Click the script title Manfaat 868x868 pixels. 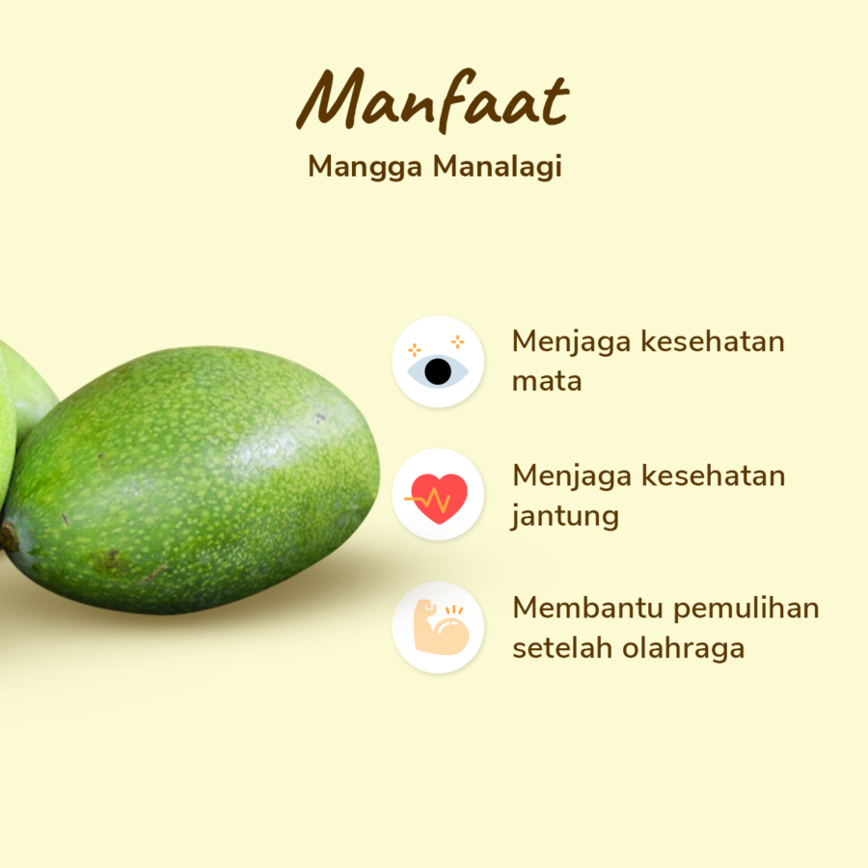click(433, 100)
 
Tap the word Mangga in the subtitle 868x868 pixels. click(366, 166)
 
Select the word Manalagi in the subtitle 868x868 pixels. click(498, 166)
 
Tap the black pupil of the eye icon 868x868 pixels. click(438, 371)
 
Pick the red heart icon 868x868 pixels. click(438, 497)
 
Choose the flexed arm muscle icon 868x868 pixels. click(438, 628)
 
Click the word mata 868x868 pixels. click(547, 381)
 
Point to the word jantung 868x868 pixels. click(565, 516)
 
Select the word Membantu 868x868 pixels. click(587, 609)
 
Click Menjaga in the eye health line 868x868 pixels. click(572, 342)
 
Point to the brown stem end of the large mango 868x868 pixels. click(9, 536)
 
